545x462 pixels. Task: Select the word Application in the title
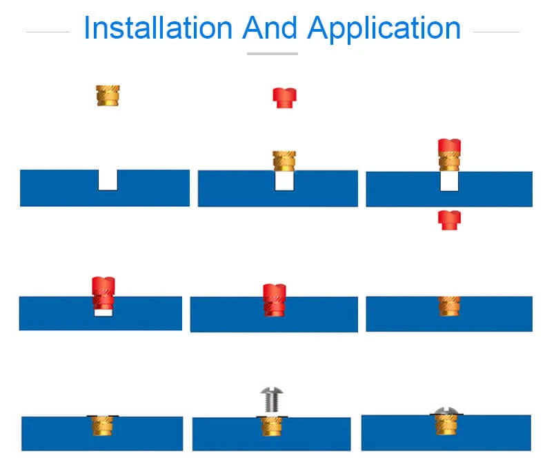(x=384, y=29)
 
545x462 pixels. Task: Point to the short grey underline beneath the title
(x=272, y=53)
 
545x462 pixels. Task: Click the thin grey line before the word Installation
(x=48, y=31)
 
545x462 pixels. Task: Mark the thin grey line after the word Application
(x=496, y=31)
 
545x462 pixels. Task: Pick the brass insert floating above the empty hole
(x=108, y=94)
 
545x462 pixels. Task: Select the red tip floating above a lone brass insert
(x=284, y=97)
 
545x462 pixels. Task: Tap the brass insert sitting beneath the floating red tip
(x=284, y=161)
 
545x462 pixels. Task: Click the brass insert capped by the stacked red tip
(x=449, y=163)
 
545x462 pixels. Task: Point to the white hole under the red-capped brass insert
(x=449, y=182)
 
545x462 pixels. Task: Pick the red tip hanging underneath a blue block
(x=449, y=220)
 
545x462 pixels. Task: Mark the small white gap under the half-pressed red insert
(x=103, y=313)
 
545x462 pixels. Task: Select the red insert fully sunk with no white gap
(x=274, y=301)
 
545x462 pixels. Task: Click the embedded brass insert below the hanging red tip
(x=449, y=305)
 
